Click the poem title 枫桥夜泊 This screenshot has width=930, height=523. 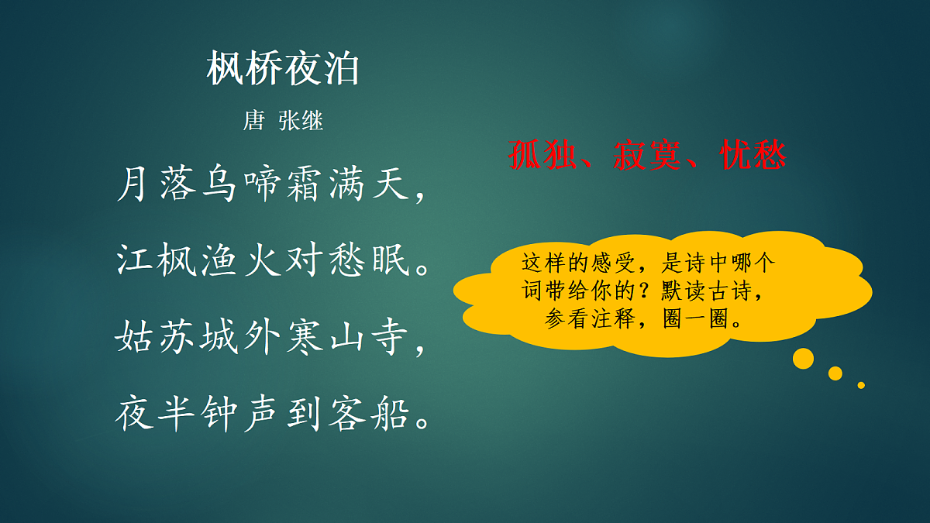tap(283, 70)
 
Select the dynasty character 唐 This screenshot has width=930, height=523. tap(254, 122)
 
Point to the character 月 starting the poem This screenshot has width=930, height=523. tap(134, 186)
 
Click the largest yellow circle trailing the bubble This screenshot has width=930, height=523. tap(803, 358)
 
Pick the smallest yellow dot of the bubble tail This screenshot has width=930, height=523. tap(861, 384)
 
